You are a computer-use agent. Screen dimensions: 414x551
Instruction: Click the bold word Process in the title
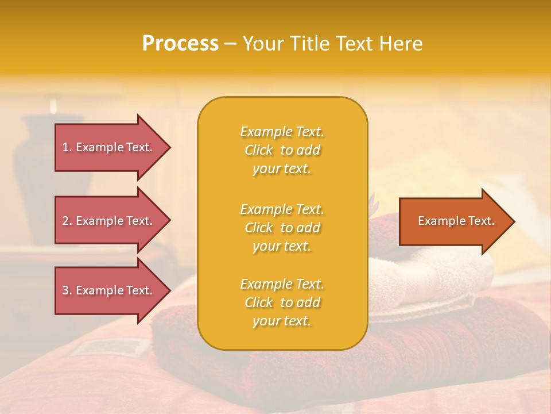[x=180, y=44]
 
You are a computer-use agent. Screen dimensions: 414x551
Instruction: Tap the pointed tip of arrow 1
[x=169, y=147]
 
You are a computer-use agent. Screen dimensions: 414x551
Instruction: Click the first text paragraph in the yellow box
[x=282, y=150]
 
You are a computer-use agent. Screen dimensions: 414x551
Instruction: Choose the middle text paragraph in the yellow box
[x=282, y=228]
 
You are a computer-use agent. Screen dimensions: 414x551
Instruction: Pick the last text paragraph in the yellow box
[x=282, y=302]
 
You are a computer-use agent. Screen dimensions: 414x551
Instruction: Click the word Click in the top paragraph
[x=259, y=150]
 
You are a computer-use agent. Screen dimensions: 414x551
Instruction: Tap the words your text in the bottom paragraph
[x=282, y=321]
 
